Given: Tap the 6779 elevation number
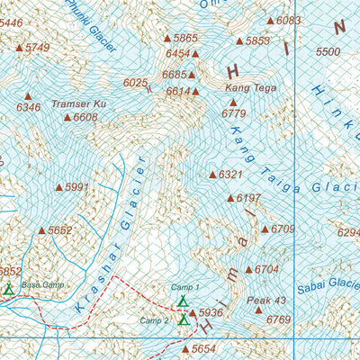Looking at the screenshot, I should tap(233, 113).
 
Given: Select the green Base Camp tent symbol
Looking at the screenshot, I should tap(9, 290).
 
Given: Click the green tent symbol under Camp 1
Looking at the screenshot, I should tap(183, 301).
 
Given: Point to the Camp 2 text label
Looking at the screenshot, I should tap(154, 320).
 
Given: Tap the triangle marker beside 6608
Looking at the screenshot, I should tap(67, 117).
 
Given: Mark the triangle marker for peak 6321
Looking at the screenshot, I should tap(212, 175).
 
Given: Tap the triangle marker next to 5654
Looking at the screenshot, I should tap(186, 348).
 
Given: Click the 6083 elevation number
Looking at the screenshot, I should tap(289, 20).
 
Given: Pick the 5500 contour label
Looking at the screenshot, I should tap(328, 52).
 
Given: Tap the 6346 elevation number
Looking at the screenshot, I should tap(29, 108).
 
